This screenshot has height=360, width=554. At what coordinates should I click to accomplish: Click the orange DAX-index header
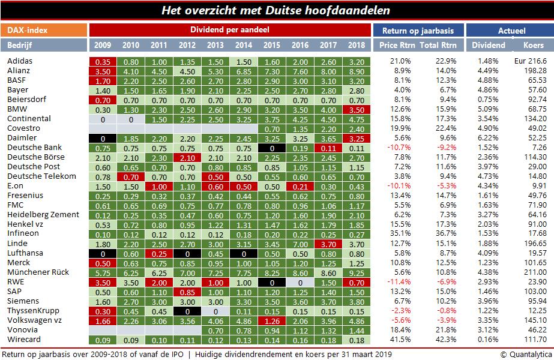coord(44,29)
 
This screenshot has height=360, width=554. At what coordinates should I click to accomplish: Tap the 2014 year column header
coord(243,45)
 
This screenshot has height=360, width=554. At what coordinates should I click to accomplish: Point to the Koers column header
coord(533,45)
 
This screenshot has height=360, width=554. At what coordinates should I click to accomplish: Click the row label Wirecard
coord(24,340)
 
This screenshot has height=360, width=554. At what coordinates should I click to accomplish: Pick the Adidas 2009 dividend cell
coord(102,61)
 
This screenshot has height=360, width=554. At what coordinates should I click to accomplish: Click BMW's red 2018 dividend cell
coord(357,109)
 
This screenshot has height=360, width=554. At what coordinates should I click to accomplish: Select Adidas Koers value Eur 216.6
coord(530,61)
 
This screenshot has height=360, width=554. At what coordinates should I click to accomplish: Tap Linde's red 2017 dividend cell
coord(328,244)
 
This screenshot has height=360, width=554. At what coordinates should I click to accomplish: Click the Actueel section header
coord(511,29)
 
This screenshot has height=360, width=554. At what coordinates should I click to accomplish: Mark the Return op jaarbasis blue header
coord(418,29)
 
